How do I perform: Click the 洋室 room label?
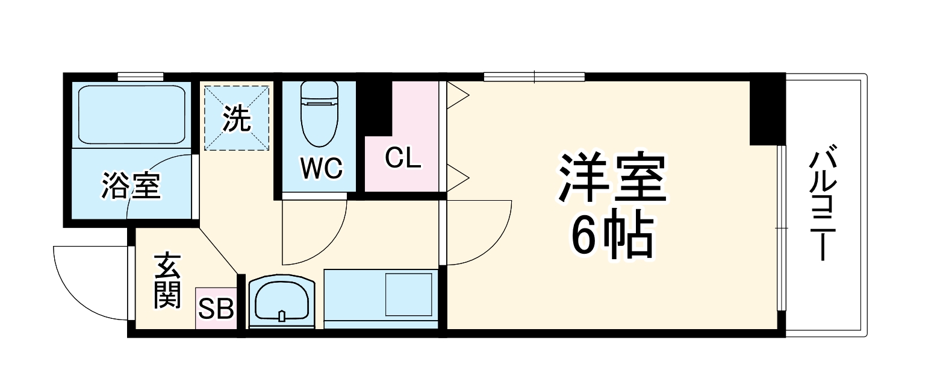coord(612,178)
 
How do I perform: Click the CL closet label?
coord(403,159)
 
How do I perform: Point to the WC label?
coord(322,168)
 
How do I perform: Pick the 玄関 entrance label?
coord(167,281)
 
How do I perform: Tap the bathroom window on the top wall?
coord(140,77)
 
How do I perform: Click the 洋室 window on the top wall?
coord(534,77)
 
